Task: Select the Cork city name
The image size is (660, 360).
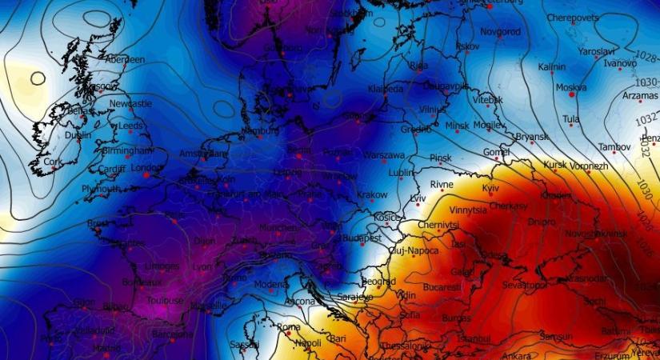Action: (x=54, y=161)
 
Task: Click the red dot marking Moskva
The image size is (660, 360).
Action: (x=572, y=94)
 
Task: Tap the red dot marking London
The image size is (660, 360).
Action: (x=147, y=174)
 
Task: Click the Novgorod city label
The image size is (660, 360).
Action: (x=500, y=32)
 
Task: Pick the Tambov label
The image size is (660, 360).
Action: (x=616, y=148)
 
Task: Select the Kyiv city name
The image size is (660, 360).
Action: (x=490, y=187)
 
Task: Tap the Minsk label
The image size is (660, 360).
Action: (x=457, y=126)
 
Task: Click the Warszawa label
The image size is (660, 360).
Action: (x=384, y=154)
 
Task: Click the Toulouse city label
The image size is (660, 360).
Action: (x=166, y=301)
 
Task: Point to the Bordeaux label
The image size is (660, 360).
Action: (x=142, y=282)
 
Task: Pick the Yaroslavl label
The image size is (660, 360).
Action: (x=597, y=50)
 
